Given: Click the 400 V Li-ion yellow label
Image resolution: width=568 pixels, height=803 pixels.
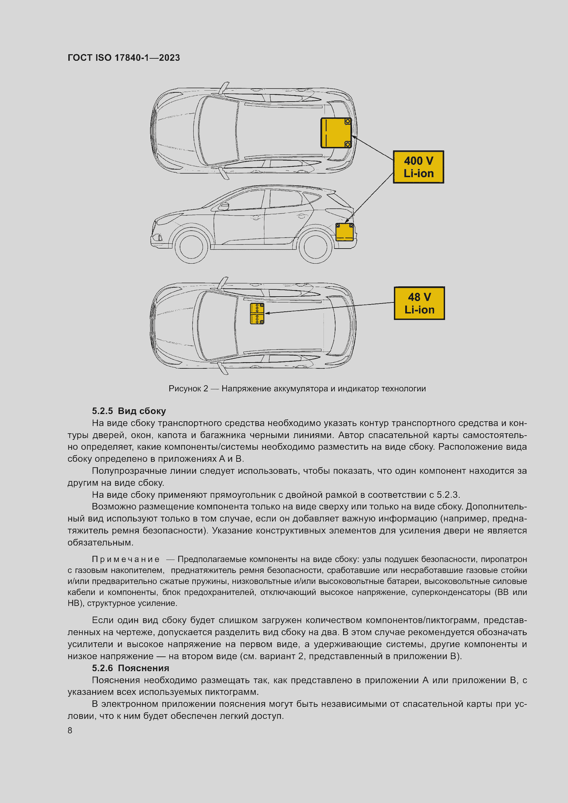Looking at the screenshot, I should pos(418,167).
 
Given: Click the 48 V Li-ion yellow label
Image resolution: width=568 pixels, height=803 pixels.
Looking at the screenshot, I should pos(419,303).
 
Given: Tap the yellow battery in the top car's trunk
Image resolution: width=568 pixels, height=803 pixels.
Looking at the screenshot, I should pos(336,133).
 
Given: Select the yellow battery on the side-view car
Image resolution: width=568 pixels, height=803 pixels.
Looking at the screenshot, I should pos(344,232).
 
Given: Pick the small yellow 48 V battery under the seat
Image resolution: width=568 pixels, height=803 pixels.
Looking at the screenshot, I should pos(257,313).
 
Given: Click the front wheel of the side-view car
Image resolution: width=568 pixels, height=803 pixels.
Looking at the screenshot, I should pos(191,247).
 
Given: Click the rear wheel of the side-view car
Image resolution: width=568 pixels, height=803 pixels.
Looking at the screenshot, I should pos(315,247).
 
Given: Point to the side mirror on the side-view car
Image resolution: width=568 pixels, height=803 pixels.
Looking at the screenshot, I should pos(223,206).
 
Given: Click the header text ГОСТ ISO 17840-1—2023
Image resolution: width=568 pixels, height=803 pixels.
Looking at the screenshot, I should pos(124,58).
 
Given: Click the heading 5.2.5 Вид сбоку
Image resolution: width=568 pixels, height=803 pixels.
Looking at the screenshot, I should pos(129,411).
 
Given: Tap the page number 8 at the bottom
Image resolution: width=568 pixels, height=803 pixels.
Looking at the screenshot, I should pos(70,730).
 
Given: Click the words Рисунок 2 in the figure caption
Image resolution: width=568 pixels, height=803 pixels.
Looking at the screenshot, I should pos(188,389).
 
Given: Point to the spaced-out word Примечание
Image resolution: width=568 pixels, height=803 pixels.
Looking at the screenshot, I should pos(126,559).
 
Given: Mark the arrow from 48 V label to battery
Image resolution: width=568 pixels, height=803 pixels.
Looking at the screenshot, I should pos(329,308).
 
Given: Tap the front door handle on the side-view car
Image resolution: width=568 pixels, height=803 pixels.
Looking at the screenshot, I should pos(257,218).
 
